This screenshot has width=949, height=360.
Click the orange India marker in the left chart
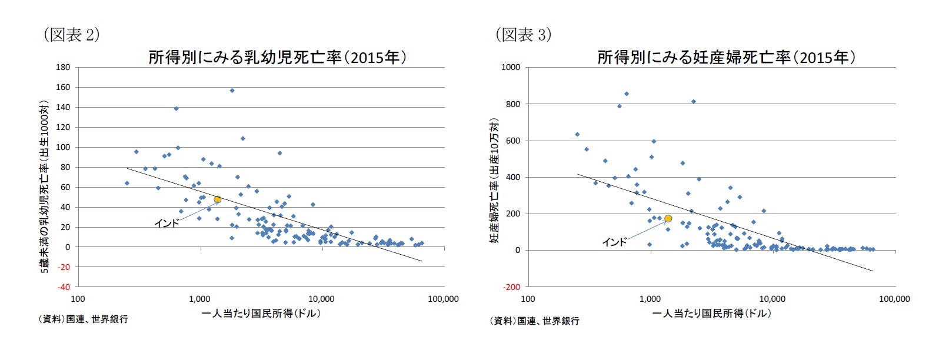click(x=217, y=199)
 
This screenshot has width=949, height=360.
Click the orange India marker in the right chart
click(x=668, y=218)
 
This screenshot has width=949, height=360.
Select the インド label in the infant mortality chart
click(x=167, y=224)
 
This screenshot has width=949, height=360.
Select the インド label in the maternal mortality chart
click(x=614, y=242)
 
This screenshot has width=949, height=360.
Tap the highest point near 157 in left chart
click(x=232, y=91)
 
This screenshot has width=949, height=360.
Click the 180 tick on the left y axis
click(x=63, y=68)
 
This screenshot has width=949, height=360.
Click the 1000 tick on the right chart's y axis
click(x=510, y=68)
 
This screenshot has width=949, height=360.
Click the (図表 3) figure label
click(x=523, y=35)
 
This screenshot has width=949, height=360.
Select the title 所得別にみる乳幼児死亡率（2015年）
click(x=277, y=58)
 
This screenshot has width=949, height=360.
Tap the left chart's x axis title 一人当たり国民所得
click(x=261, y=314)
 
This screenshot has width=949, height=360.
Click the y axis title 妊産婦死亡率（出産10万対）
click(x=494, y=180)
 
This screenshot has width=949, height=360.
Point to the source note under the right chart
click(x=534, y=321)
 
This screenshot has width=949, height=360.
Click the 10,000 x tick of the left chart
click(x=321, y=299)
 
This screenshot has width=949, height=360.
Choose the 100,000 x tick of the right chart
click(x=894, y=299)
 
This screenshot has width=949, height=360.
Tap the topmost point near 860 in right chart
click(x=627, y=94)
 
